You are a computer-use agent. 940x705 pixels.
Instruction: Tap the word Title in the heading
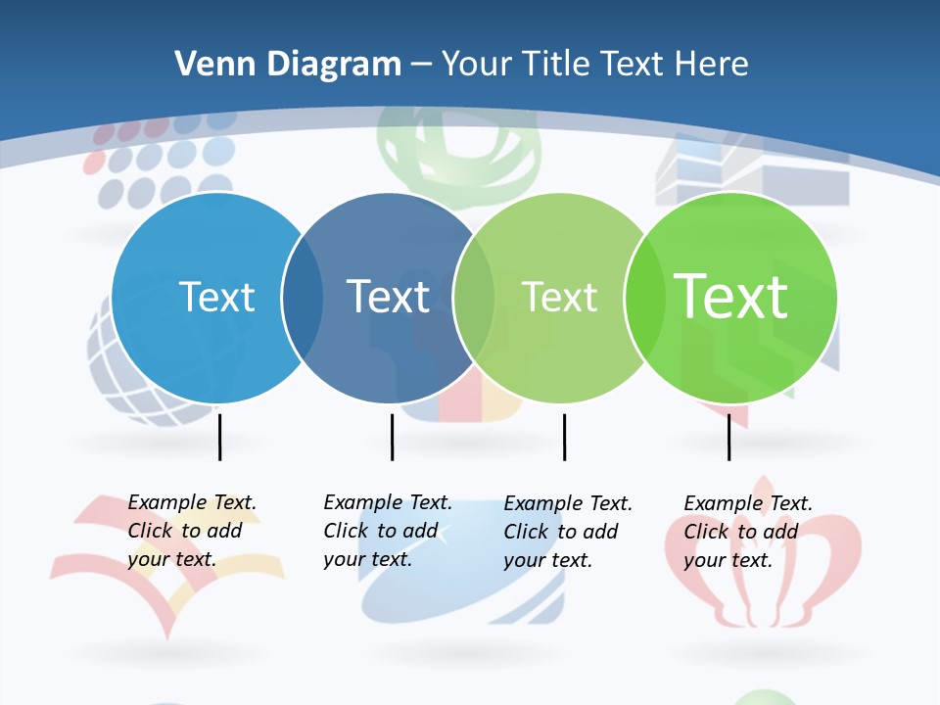tap(554, 65)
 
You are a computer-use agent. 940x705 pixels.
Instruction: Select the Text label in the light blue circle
tap(216, 297)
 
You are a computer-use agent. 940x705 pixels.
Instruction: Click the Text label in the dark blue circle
tap(389, 297)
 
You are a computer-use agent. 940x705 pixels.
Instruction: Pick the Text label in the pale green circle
tap(559, 297)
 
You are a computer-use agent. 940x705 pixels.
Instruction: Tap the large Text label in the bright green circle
tap(730, 297)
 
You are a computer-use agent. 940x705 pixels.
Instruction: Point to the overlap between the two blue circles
tap(303, 298)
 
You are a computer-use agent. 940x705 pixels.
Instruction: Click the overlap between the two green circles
tap(644, 298)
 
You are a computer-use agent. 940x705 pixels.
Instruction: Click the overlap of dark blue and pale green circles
tap(474, 298)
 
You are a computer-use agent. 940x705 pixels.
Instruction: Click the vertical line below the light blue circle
tap(220, 437)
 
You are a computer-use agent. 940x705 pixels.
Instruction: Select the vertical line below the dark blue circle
tap(392, 437)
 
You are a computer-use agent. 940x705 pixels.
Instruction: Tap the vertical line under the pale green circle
tap(564, 437)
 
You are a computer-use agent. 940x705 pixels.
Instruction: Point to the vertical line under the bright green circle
tap(728, 437)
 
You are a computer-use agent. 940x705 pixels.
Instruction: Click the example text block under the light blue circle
tap(191, 531)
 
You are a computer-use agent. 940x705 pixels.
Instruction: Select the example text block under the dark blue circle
tap(387, 531)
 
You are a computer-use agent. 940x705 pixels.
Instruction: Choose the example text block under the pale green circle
tap(567, 532)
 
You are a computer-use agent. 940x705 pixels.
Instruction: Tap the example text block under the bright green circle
tap(747, 532)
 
